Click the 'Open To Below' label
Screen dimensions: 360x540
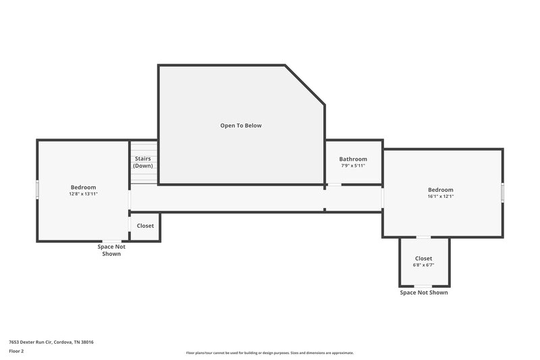pyautogui.click(x=240, y=126)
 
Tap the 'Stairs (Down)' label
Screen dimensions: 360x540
pyautogui.click(x=142, y=162)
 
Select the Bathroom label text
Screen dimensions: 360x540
pyautogui.click(x=353, y=159)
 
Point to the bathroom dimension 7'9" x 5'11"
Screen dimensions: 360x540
pyautogui.click(x=353, y=166)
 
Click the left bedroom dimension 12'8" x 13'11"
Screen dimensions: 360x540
pyautogui.click(x=83, y=194)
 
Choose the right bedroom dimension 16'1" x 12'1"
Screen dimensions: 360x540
pyautogui.click(x=440, y=197)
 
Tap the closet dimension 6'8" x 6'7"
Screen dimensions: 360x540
pyautogui.click(x=423, y=265)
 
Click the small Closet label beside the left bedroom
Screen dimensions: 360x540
pyautogui.click(x=145, y=226)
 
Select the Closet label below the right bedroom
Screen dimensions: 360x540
pyautogui.click(x=423, y=259)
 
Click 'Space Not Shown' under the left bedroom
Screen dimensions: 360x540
pyautogui.click(x=111, y=250)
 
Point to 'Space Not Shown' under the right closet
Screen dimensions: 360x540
pyautogui.click(x=423, y=292)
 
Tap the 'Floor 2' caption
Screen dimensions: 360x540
pyautogui.click(x=16, y=351)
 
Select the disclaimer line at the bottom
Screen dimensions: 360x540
pyautogui.click(x=269, y=353)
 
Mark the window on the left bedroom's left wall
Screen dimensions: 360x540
pyautogui.click(x=37, y=188)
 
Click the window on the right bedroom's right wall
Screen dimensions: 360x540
pyautogui.click(x=502, y=192)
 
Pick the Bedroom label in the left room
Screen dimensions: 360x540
pyautogui.click(x=83, y=187)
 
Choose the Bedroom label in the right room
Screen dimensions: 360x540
pyautogui.click(x=440, y=190)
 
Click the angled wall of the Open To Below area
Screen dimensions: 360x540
pyautogui.click(x=305, y=85)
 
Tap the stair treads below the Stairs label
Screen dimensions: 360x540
pyautogui.click(x=143, y=176)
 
